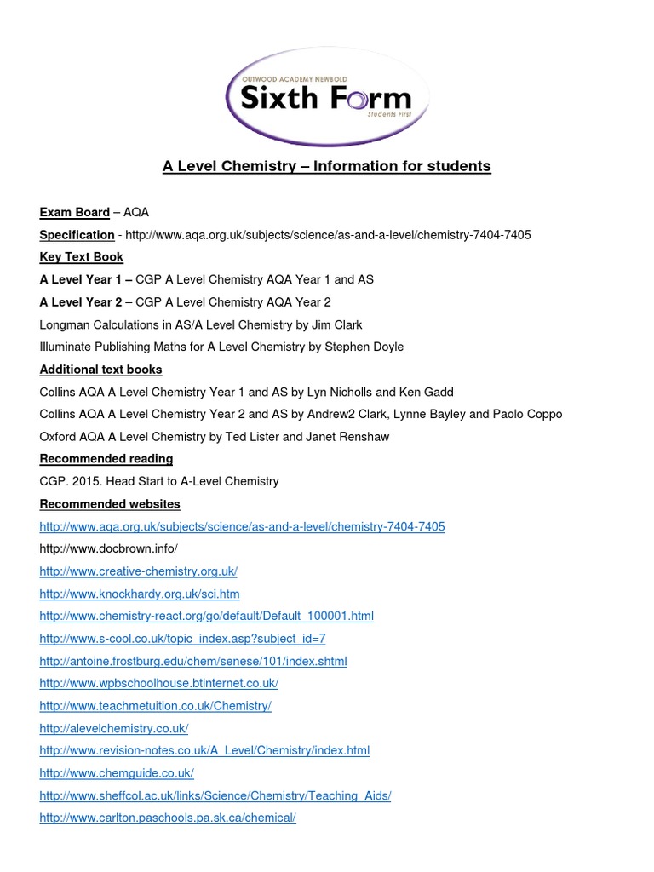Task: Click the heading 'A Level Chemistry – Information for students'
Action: (x=327, y=166)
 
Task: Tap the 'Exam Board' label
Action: (x=75, y=212)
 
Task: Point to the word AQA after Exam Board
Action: (x=136, y=212)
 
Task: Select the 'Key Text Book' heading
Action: (x=82, y=257)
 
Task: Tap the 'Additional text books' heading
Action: (x=100, y=370)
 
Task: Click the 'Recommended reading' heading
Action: (x=106, y=459)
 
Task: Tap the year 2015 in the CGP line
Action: (x=88, y=481)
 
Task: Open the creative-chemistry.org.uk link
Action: (x=139, y=571)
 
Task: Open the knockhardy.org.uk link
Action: (x=140, y=594)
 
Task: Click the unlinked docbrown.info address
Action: (x=108, y=549)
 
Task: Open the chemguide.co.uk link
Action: (x=117, y=773)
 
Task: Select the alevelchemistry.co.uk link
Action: (x=114, y=728)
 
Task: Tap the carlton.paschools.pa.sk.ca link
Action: (x=168, y=817)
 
